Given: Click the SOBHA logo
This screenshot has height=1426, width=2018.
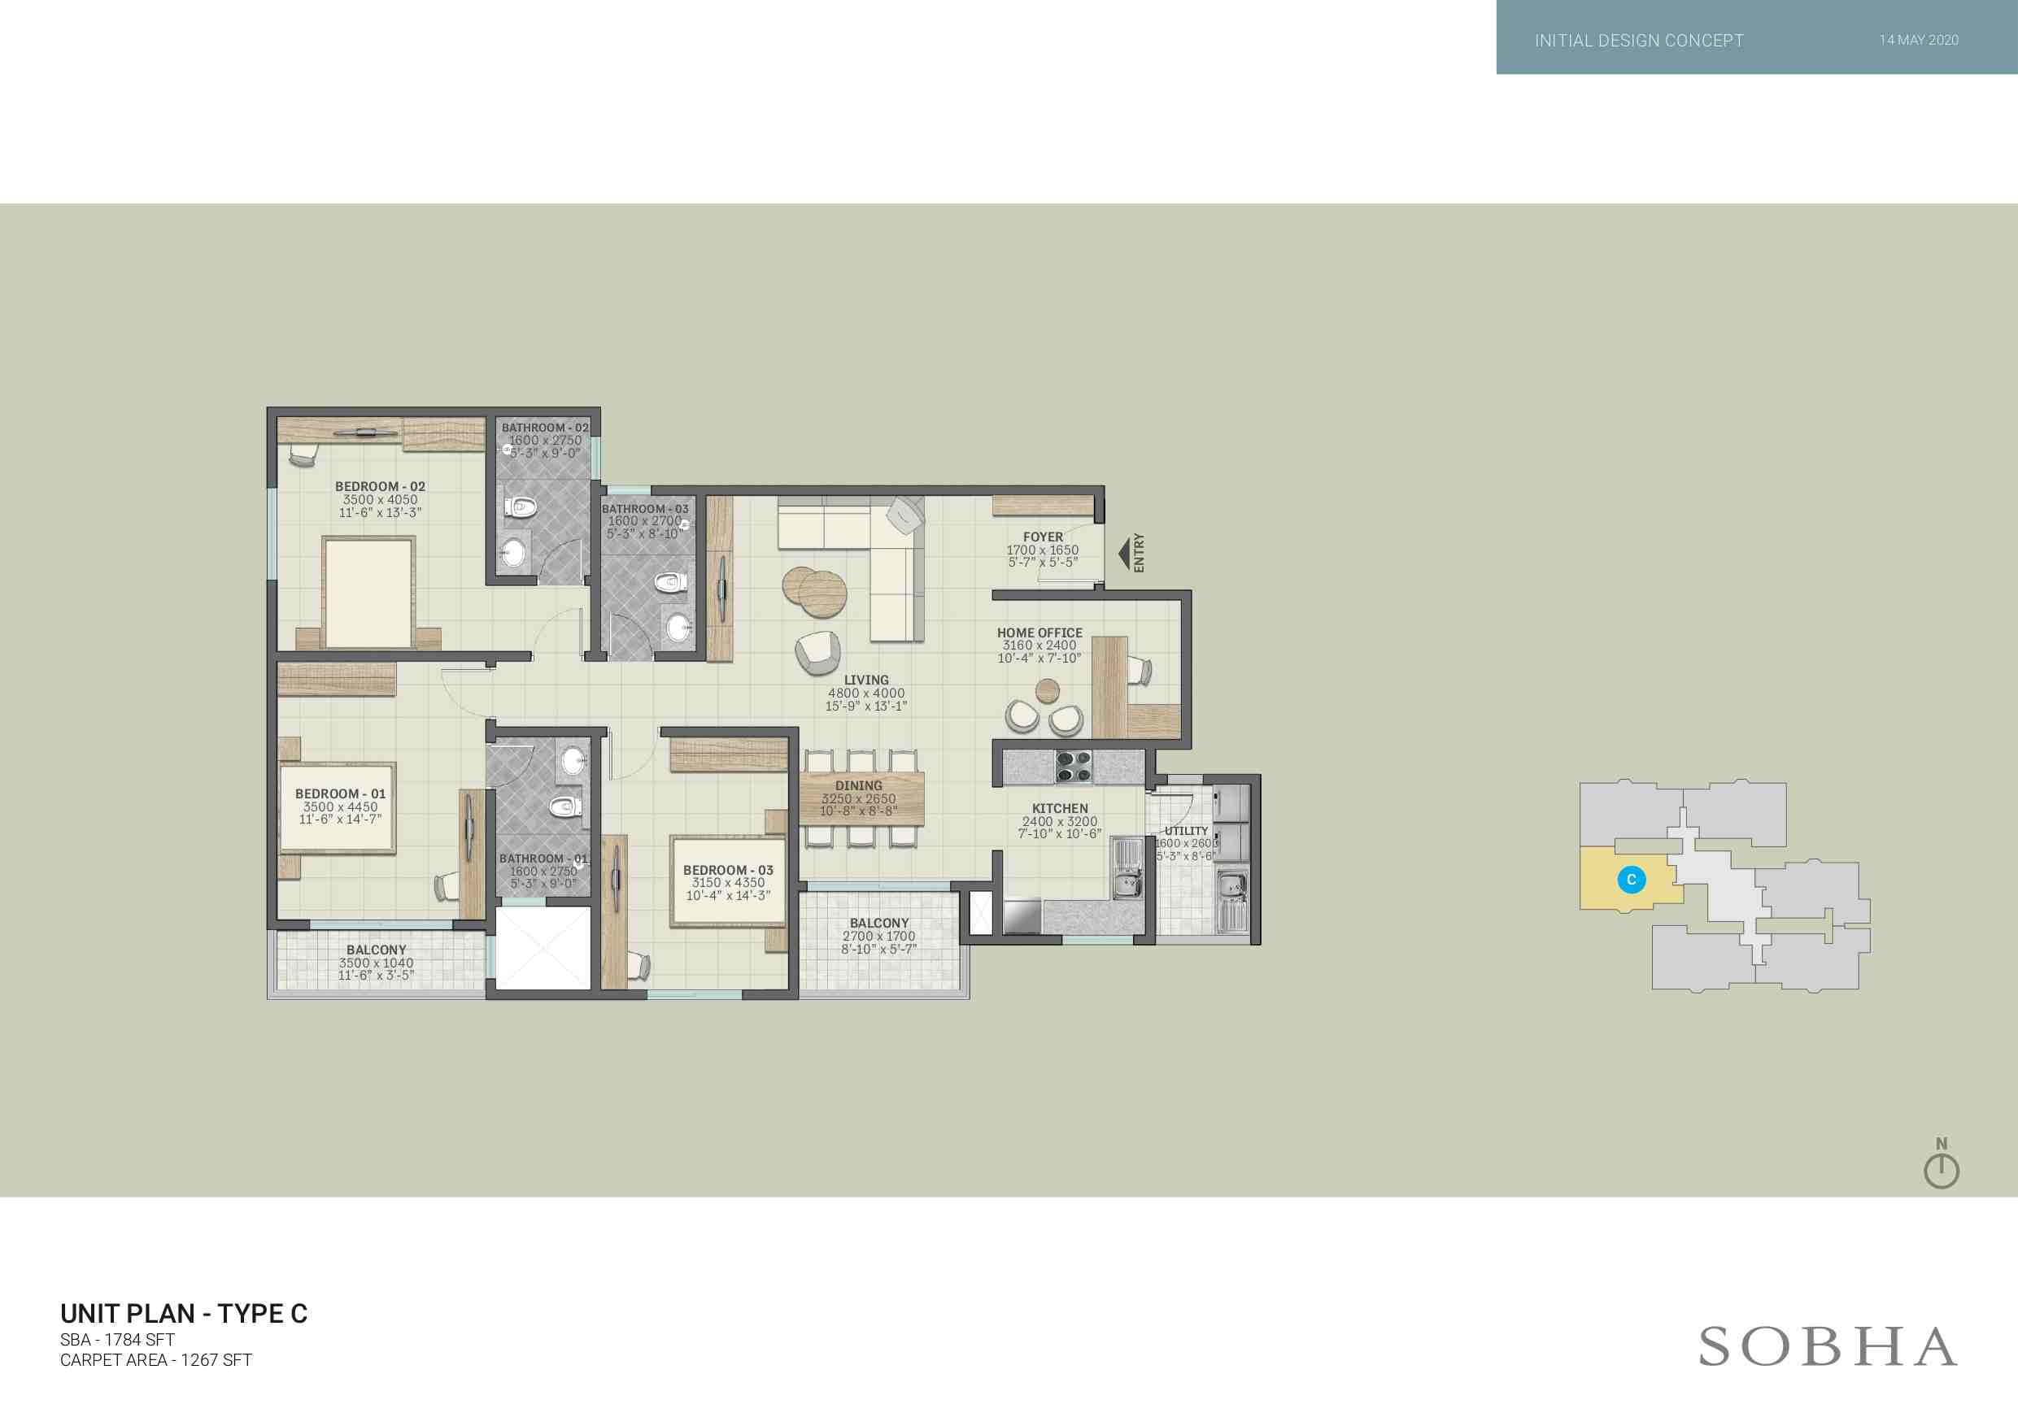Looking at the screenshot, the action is tap(1828, 1347).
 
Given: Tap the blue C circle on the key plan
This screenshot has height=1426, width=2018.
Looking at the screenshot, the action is tap(1632, 880).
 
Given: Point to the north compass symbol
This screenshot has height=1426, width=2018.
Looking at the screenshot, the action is tap(1942, 1163).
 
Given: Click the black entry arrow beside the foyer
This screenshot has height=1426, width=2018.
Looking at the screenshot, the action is tap(1123, 554).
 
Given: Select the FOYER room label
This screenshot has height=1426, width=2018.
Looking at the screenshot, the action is tap(1044, 537).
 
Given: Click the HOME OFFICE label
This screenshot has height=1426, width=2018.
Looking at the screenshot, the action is tap(1040, 633).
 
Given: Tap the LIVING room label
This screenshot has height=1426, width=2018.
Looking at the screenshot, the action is tap(866, 680).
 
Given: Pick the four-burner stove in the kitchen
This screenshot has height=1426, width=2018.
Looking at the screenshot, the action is tap(1073, 766).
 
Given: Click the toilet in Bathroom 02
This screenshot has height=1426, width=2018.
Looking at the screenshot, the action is tap(521, 507).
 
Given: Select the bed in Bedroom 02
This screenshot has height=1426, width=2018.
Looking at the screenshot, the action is tap(368, 592).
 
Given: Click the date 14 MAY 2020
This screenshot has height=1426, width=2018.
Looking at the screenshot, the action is tap(1919, 41).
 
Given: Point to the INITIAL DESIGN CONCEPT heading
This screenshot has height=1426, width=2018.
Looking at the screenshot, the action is tap(1639, 41).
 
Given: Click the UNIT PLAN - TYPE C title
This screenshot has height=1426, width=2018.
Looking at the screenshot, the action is tap(184, 1314).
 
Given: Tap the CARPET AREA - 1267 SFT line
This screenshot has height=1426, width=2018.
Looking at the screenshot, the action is tap(155, 1360).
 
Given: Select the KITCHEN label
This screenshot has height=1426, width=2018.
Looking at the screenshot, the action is tap(1060, 808).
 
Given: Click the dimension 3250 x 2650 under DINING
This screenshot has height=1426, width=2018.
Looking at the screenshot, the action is tap(859, 798).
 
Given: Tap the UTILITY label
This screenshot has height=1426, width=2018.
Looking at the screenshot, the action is tap(1187, 831).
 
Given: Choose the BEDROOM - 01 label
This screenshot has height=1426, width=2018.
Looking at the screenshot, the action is tap(340, 793).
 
